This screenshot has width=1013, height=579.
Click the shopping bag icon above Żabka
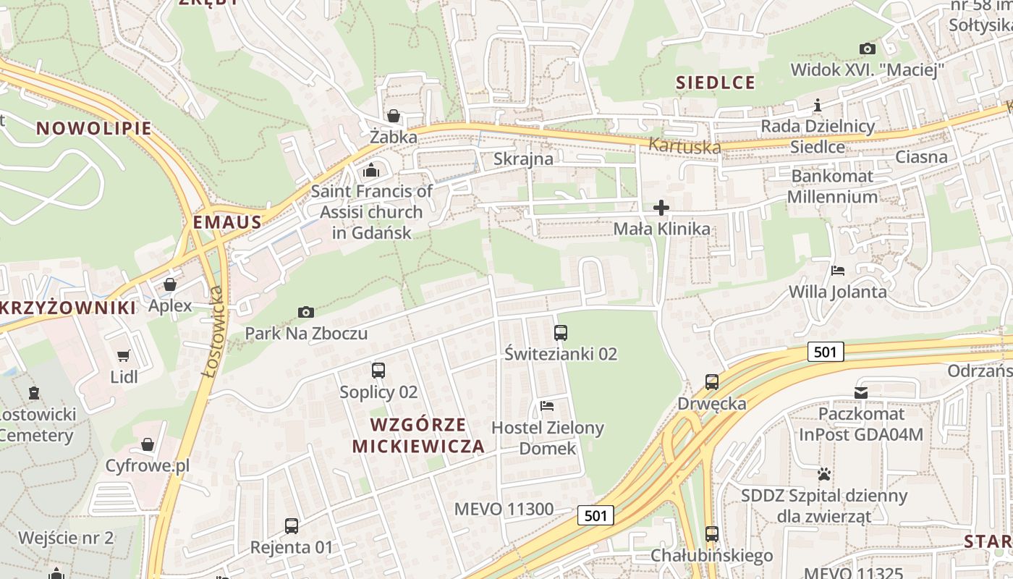click(393, 116)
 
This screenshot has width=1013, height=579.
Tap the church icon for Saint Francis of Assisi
click(371, 171)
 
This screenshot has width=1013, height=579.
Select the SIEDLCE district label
click(716, 83)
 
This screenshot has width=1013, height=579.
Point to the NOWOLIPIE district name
click(94, 129)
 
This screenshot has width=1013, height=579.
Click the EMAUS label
click(227, 222)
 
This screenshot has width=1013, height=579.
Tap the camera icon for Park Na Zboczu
click(306, 312)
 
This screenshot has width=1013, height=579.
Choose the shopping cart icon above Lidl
click(123, 355)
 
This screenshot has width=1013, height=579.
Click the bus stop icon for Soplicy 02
click(378, 371)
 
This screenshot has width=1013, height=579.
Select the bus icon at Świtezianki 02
click(561, 333)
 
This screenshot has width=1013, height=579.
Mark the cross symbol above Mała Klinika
click(661, 208)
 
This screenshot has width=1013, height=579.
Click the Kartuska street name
click(684, 145)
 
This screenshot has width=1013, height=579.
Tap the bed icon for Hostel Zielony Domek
click(547, 406)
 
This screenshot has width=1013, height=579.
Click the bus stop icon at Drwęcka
click(712, 381)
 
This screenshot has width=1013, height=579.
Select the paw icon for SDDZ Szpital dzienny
click(823, 475)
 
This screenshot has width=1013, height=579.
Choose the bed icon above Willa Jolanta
click(838, 271)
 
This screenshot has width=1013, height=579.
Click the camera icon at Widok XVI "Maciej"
click(867, 49)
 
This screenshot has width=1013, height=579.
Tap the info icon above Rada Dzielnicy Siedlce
click(818, 106)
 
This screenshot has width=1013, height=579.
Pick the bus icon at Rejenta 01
click(292, 525)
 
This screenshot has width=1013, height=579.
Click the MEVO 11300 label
click(504, 509)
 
